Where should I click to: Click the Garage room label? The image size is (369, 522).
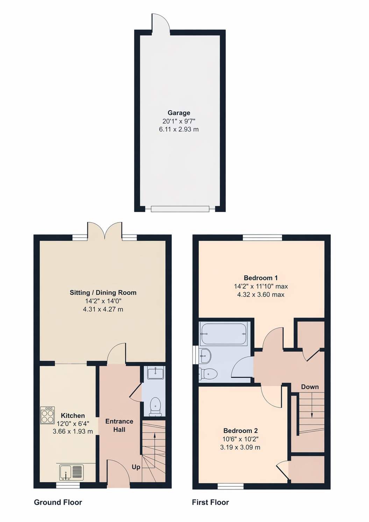[x=179, y=113]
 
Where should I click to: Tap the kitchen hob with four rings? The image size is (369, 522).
[x=48, y=415]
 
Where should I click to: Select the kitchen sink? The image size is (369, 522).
[x=71, y=472]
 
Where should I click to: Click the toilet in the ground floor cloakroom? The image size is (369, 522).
[x=155, y=407]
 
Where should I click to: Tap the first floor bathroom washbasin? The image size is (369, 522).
[x=205, y=356]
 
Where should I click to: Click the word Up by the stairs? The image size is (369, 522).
[x=136, y=467]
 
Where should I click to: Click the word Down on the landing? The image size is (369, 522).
[x=310, y=387]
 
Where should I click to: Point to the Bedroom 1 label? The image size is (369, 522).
[x=261, y=278]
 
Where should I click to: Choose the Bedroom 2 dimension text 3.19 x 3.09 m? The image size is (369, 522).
[x=240, y=447]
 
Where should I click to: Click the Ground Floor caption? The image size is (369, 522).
[x=58, y=502]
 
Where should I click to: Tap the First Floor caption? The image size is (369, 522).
[x=210, y=502]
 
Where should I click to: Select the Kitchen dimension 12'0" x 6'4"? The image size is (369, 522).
[x=73, y=423]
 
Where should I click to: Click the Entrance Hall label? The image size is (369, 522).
[x=119, y=425]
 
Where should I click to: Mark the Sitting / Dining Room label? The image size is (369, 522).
[x=103, y=293]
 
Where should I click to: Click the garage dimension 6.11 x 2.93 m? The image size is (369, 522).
[x=179, y=129]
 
